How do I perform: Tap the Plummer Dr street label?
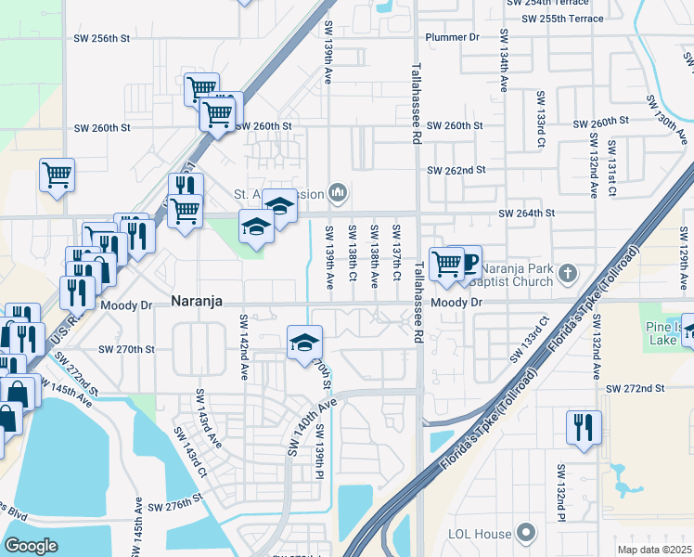pyautogui.click(x=452, y=37)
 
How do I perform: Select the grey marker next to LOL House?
pyautogui.click(x=526, y=533)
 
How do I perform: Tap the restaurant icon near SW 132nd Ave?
pyautogui.click(x=584, y=427)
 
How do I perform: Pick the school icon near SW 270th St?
pyautogui.click(x=303, y=343)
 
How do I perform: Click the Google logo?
pyautogui.click(x=32, y=545)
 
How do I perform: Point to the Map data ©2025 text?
pyautogui.click(x=654, y=550)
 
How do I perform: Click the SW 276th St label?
pyautogui.click(x=174, y=502)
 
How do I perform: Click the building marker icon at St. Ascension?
pyautogui.click(x=339, y=193)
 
